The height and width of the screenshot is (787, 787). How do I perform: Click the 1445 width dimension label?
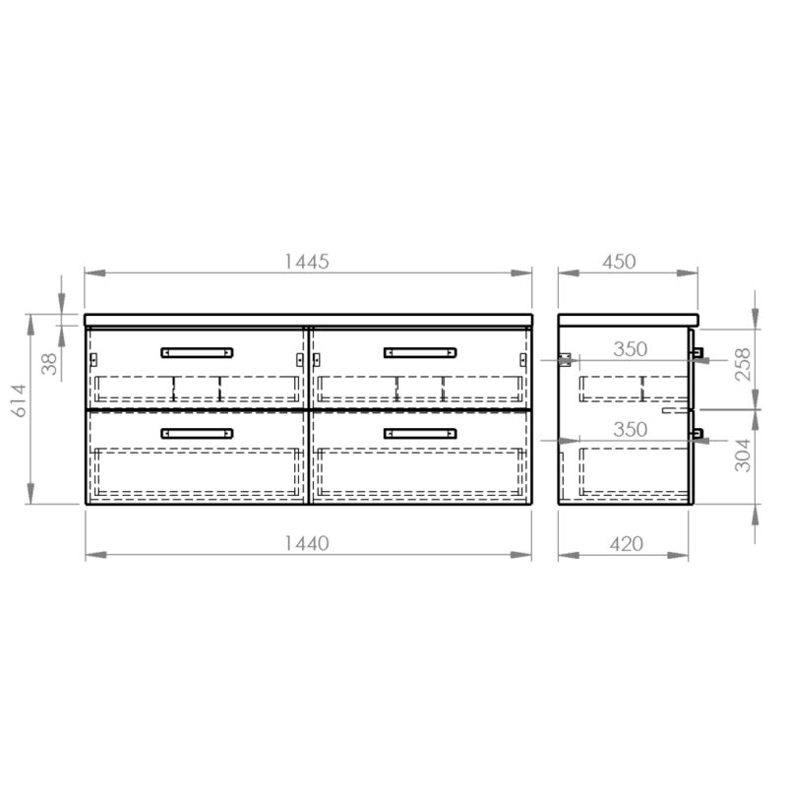[x=307, y=262]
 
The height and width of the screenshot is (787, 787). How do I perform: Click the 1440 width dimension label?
[x=307, y=543]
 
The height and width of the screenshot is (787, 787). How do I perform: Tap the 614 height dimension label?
[x=19, y=400]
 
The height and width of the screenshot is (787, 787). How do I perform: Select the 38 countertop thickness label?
[x=50, y=364]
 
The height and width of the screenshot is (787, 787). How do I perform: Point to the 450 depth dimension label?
[x=619, y=262]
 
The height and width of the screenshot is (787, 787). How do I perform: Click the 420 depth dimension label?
[x=627, y=544]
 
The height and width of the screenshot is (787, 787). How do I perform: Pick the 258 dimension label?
[x=743, y=364]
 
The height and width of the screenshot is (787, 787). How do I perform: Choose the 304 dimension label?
[x=743, y=455]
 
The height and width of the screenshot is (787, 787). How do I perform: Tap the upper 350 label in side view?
[x=630, y=349]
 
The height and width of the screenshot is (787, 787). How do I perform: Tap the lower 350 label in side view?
[x=630, y=430]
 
